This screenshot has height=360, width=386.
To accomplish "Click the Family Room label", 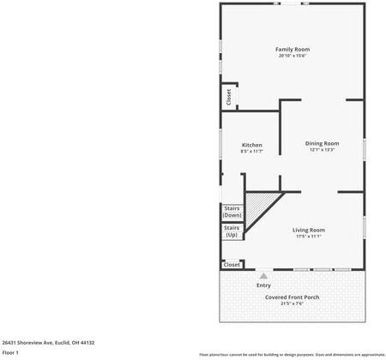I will (292, 49).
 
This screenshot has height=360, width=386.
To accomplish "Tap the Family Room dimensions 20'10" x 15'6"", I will (292, 56).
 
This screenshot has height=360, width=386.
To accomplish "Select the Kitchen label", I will (252, 145).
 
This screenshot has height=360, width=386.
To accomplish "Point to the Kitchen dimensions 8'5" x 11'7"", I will (252, 152).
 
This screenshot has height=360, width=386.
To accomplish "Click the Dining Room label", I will (323, 143).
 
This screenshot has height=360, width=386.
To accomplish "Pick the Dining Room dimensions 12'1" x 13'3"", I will (323, 150).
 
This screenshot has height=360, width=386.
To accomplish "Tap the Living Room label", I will (309, 230).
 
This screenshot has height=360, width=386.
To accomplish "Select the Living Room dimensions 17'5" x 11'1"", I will (309, 237).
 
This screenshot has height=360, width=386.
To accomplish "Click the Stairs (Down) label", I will (232, 212).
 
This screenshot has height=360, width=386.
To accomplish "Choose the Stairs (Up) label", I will (232, 231).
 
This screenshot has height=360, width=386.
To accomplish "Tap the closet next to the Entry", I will (232, 265).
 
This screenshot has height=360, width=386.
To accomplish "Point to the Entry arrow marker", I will (264, 276).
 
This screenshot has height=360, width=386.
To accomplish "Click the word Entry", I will (264, 285).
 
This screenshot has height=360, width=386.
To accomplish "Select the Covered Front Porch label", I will (292, 297).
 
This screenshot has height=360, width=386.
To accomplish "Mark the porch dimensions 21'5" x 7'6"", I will (292, 303).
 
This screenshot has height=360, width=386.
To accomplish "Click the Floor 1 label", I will (11, 352).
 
